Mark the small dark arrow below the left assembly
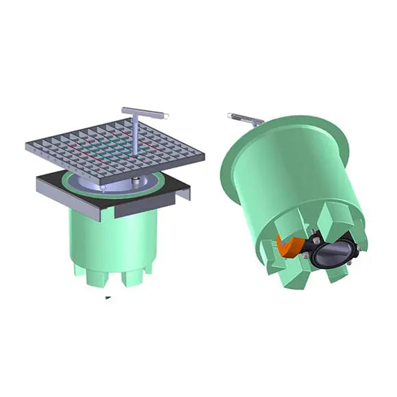(107, 298)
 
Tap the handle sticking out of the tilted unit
(245, 120)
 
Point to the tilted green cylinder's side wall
(287, 178)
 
